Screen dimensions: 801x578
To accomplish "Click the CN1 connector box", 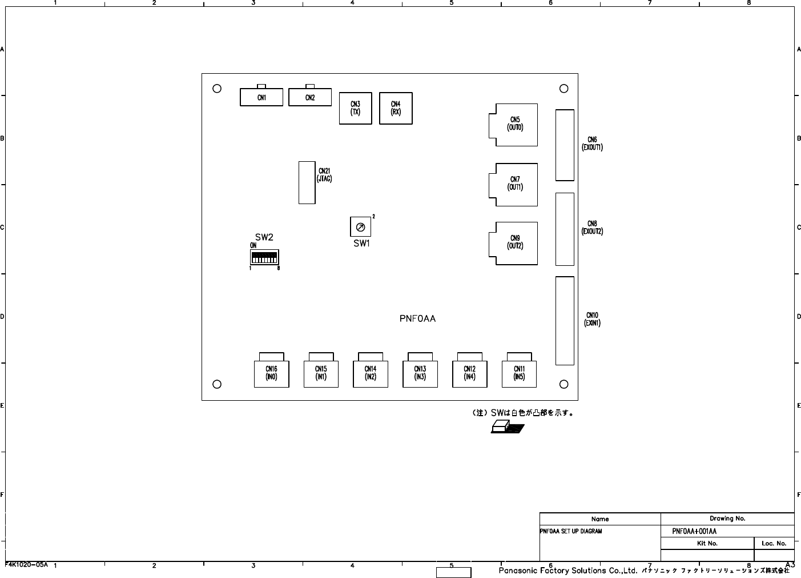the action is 261,97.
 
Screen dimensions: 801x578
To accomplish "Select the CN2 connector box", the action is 310,97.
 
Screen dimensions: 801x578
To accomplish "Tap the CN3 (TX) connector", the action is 356,108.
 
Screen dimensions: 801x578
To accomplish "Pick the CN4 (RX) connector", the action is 396,108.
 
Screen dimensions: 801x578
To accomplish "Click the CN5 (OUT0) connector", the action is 513,125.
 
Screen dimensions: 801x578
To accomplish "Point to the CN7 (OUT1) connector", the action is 513,185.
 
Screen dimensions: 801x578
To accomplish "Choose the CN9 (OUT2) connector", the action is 513,244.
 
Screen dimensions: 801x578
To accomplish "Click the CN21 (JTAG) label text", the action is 324,175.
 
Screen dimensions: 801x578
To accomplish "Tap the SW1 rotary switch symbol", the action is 360,227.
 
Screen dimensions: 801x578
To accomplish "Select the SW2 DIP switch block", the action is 264,257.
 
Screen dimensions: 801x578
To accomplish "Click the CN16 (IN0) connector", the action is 271,370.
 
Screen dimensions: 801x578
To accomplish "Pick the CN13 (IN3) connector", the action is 420,370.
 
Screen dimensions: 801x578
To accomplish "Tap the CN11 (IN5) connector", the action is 519,370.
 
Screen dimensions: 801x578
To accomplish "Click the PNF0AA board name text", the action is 418,318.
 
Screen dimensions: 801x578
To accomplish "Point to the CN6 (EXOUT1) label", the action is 592,143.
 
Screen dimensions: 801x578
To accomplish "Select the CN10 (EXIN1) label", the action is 592,319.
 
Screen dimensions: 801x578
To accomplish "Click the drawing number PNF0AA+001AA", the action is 694,532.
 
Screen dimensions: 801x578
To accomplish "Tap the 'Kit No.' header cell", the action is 707,543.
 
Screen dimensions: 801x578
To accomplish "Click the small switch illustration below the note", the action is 508,427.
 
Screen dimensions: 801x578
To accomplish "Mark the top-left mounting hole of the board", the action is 217,89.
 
